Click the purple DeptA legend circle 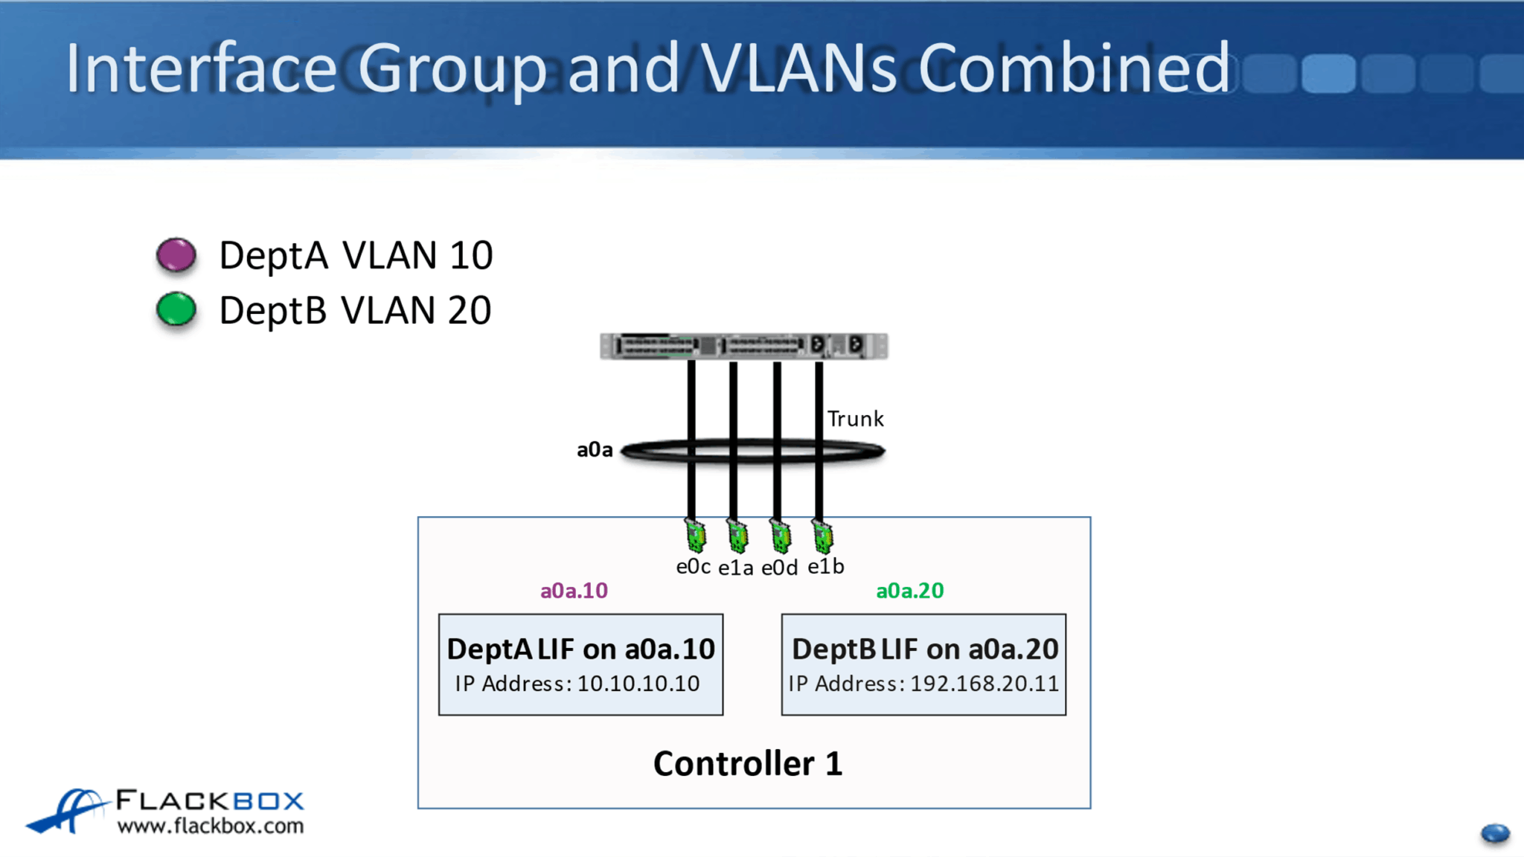pyautogui.click(x=176, y=255)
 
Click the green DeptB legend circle pyautogui.click(x=176, y=309)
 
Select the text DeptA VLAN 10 pyautogui.click(x=356, y=255)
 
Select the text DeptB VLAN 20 pyautogui.click(x=355, y=310)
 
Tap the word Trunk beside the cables pyautogui.click(x=855, y=419)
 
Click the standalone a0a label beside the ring pyautogui.click(x=595, y=449)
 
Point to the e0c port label pyautogui.click(x=693, y=567)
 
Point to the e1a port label pyautogui.click(x=735, y=568)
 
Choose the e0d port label pyautogui.click(x=779, y=568)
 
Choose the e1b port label pyautogui.click(x=825, y=567)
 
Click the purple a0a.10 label pyautogui.click(x=574, y=591)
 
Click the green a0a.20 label pyautogui.click(x=909, y=591)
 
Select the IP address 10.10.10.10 pyautogui.click(x=638, y=684)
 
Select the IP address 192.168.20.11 pyautogui.click(x=984, y=684)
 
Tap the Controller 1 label pyautogui.click(x=748, y=764)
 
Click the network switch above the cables pyautogui.click(x=743, y=346)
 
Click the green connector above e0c pyautogui.click(x=695, y=536)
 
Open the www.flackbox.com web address pyautogui.click(x=211, y=826)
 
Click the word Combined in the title pyautogui.click(x=1074, y=68)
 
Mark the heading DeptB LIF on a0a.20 pyautogui.click(x=924, y=649)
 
